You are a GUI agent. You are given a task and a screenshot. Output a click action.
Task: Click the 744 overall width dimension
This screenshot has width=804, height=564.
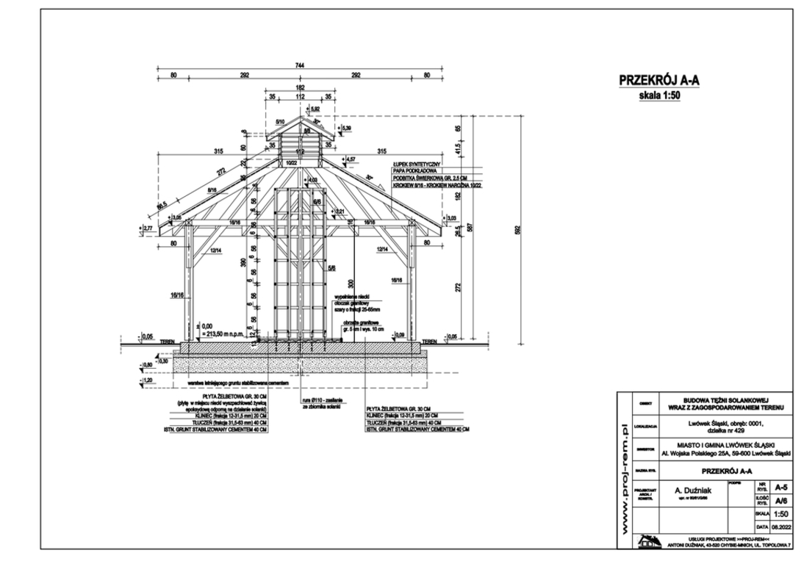pos(300,66)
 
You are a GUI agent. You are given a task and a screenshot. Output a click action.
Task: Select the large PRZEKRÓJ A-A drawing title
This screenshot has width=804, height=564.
pos(658,81)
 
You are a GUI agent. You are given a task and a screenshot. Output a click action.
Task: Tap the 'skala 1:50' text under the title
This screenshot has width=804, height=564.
pos(658,95)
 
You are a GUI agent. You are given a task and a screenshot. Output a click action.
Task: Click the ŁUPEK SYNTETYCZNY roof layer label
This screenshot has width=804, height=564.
pos(417,162)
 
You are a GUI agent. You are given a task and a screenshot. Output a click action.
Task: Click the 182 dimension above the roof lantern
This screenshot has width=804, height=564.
pos(300,87)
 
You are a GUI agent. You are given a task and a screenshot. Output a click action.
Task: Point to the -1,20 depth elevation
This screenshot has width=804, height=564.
pos(147,380)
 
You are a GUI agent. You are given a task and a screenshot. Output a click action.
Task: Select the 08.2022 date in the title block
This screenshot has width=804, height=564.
pos(782,527)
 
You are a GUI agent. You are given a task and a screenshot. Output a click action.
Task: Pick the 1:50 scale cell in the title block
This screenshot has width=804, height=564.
pos(782,515)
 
